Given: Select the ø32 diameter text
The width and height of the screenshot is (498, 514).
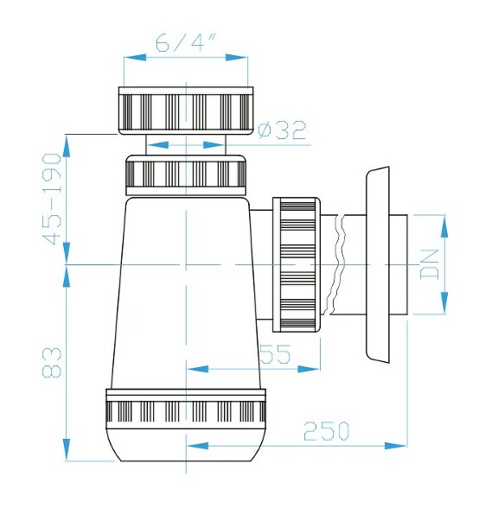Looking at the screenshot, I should click(x=283, y=130).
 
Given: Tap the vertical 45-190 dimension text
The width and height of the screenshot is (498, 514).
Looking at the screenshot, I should click(x=54, y=200).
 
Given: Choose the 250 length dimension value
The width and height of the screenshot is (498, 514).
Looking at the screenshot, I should click(x=326, y=429).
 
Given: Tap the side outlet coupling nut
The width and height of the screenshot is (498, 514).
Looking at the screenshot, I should click(x=297, y=264).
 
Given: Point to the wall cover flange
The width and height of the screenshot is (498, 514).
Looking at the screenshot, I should click(x=378, y=263).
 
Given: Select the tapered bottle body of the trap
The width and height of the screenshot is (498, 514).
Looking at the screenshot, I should click(x=186, y=294).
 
